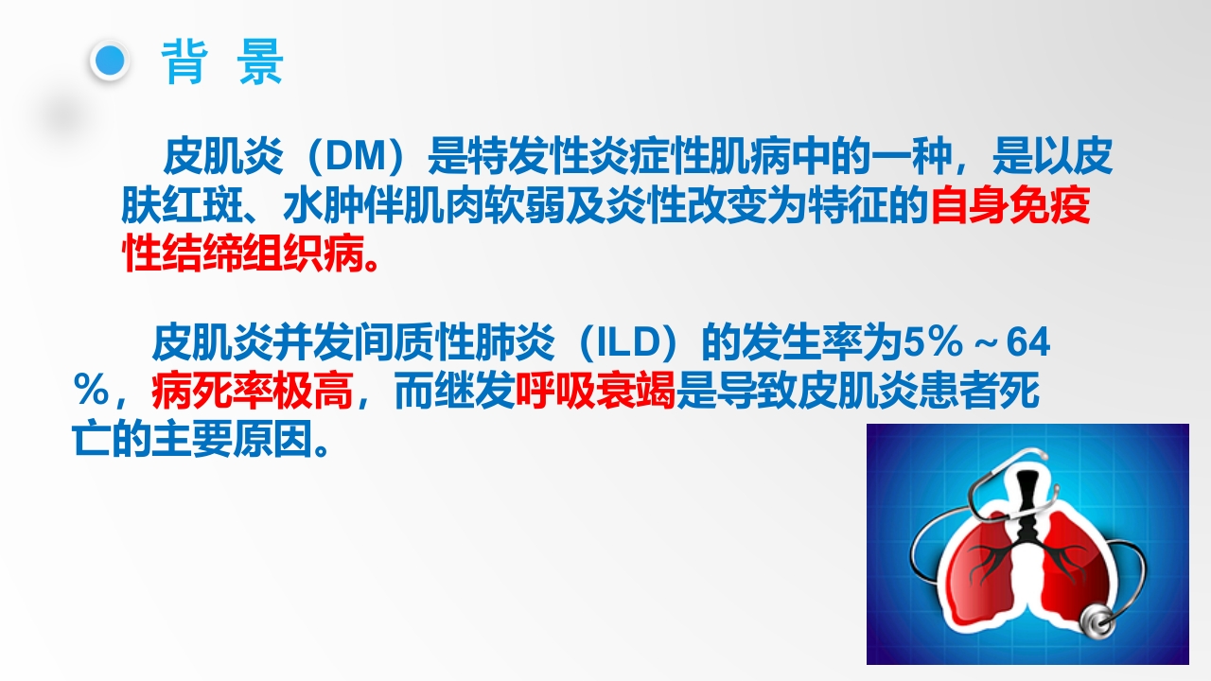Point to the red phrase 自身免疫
coord(1010,207)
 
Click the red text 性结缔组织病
coord(243,254)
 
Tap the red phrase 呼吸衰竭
coord(595,393)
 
